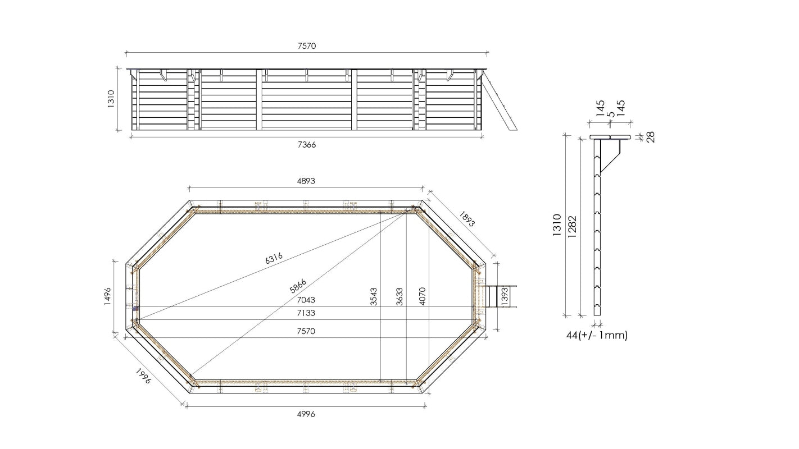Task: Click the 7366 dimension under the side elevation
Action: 306,145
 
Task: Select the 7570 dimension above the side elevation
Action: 306,46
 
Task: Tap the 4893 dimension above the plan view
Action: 306,181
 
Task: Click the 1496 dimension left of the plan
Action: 108,297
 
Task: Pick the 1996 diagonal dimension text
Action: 143,377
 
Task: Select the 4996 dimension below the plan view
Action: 306,414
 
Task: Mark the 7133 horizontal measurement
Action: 306,313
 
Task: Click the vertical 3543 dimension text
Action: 374,297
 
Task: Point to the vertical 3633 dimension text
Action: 399,297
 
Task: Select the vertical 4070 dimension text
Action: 422,297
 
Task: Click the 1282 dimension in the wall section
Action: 572,226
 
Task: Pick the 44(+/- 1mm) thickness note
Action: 597,335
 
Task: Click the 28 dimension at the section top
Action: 651,136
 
